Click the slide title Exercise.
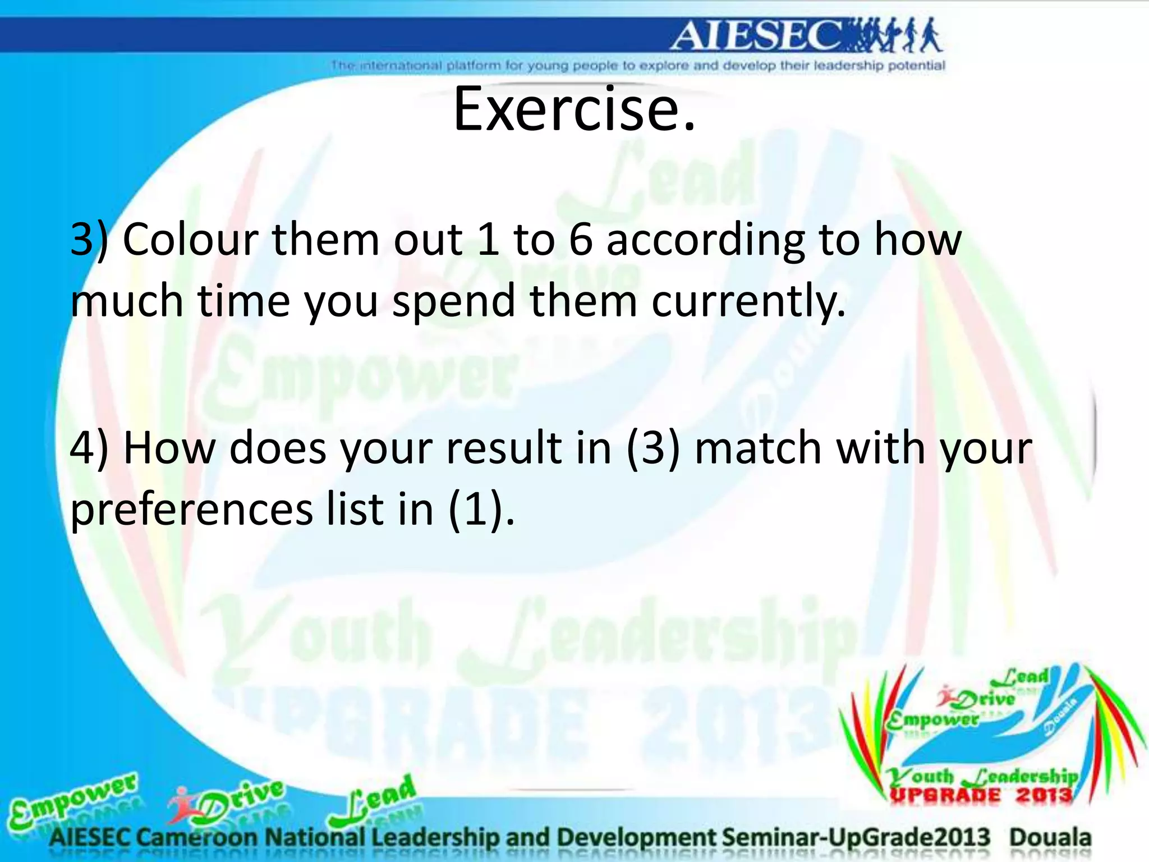[x=573, y=109]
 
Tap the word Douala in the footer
[x=1050, y=838]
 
